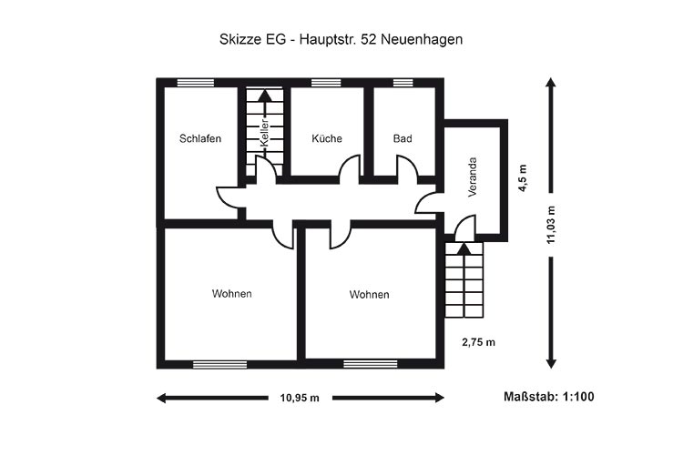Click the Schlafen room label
coord(200,138)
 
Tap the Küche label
coord(327,138)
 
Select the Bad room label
coord(403,138)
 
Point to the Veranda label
coord(473,177)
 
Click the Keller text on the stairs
coord(264,133)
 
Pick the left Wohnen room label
coord(231,294)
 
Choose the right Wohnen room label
coord(369,295)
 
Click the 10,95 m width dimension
coord(300,398)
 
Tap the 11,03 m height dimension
coord(552,225)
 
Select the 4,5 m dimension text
coord(523,177)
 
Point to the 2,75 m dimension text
coord(479,342)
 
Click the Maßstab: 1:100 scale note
coord(549,397)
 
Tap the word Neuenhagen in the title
coord(422,40)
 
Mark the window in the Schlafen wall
coord(196,83)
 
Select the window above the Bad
coord(403,83)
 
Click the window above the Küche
coord(326,83)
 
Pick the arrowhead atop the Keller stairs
coord(264,96)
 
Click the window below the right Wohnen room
coord(371,364)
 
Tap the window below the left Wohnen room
coord(220,364)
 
